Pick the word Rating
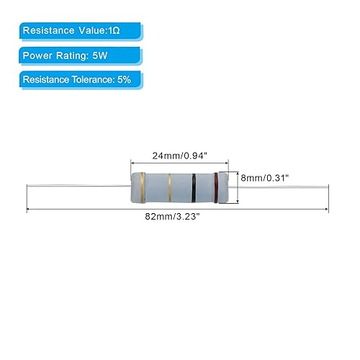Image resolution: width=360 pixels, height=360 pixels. (76, 55)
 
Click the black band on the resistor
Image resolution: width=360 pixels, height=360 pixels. (195, 189)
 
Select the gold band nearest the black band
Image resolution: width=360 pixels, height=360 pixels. (169, 189)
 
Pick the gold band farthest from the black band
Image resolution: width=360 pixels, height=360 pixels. (143, 189)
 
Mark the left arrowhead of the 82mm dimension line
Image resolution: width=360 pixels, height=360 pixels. (29, 210)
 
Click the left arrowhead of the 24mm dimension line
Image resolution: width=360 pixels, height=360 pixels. (132, 163)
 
